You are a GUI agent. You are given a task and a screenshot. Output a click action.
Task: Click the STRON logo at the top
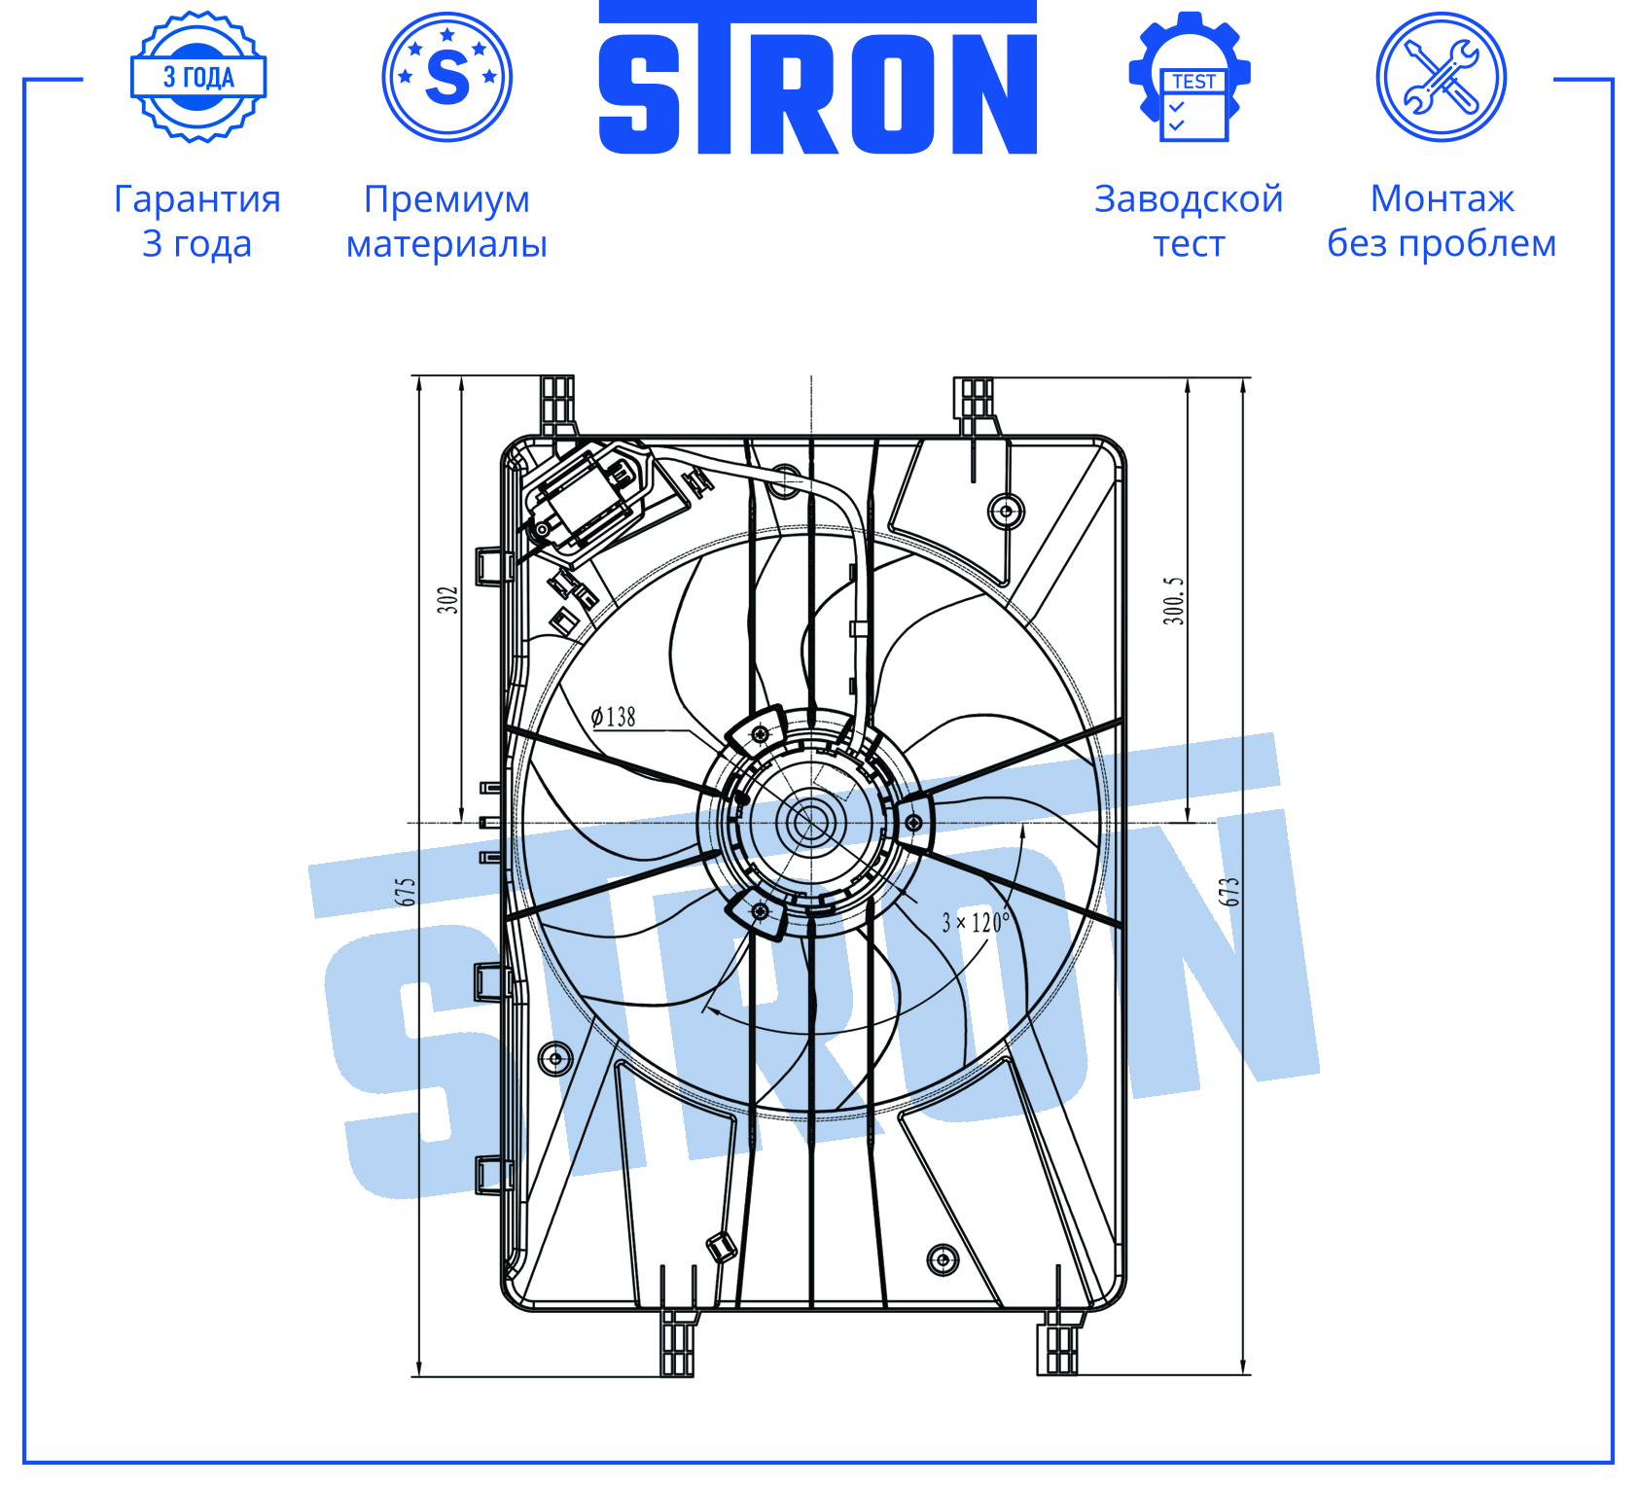point(817,78)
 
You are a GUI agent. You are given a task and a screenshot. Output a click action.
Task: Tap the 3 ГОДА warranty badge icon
point(198,77)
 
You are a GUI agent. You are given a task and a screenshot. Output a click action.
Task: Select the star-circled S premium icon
point(447,77)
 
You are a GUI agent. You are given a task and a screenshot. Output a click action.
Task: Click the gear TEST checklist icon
point(1190,77)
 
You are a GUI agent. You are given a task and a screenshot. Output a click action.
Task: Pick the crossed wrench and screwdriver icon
point(1441,77)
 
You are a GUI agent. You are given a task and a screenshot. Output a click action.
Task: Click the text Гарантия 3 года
point(197,221)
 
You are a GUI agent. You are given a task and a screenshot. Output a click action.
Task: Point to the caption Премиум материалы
point(447,221)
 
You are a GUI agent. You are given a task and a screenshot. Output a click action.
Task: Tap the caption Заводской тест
point(1189,221)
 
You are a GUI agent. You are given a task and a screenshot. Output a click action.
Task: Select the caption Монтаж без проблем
point(1441,221)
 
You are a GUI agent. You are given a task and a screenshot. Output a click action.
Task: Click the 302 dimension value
point(446,599)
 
